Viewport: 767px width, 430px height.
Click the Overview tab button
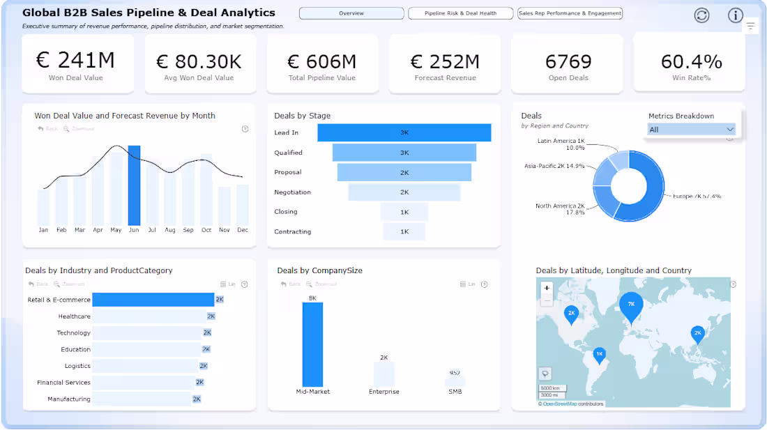pyautogui.click(x=351, y=13)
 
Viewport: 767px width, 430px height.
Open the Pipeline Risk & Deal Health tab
pyautogui.click(x=460, y=13)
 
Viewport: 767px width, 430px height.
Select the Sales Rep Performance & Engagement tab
pyautogui.click(x=570, y=13)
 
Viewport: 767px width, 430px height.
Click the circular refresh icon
pyautogui.click(x=701, y=15)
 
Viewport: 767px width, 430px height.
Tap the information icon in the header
pyautogui.click(x=735, y=15)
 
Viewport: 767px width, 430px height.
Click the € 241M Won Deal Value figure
pyautogui.click(x=75, y=61)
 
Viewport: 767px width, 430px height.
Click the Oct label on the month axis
pyautogui.click(x=206, y=230)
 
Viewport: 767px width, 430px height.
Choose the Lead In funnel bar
pyautogui.click(x=404, y=132)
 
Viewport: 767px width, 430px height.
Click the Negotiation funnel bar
pyautogui.click(x=404, y=192)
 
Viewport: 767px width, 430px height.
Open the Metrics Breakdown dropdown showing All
pyautogui.click(x=691, y=130)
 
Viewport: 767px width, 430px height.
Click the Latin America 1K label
pyautogui.click(x=561, y=144)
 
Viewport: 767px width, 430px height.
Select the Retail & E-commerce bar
pyautogui.click(x=153, y=300)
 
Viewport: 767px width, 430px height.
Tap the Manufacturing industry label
pyautogui.click(x=69, y=399)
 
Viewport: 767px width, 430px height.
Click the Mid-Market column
pyautogui.click(x=312, y=344)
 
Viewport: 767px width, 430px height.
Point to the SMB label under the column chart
pyautogui.click(x=455, y=392)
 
